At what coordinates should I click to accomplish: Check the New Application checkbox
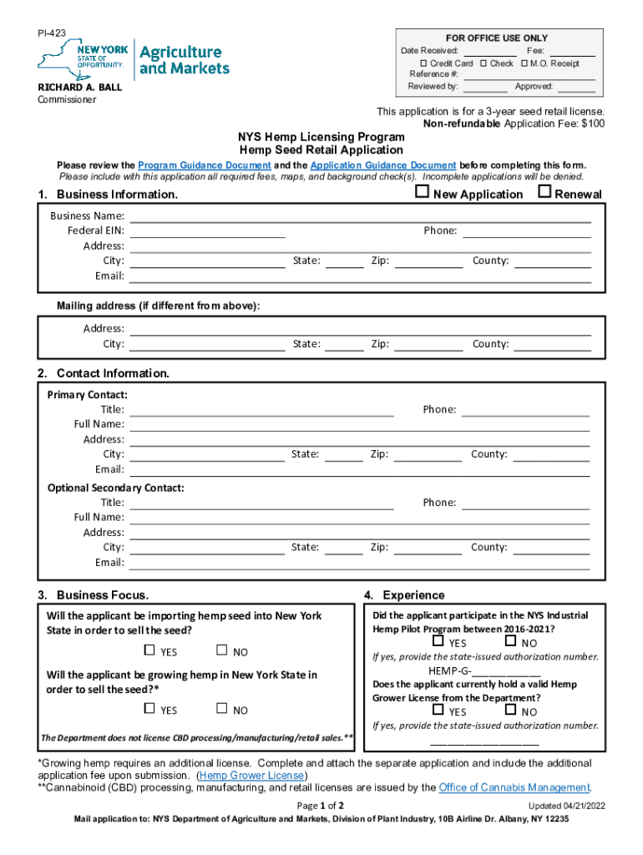423,193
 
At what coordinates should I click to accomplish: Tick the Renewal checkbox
544,193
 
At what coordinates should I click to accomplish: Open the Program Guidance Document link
204,165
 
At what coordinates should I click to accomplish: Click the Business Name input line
360,215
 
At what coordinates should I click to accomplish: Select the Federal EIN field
207,230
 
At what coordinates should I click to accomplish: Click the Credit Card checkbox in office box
423,63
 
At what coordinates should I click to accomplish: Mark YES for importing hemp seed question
149,650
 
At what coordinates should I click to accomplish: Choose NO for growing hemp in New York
221,709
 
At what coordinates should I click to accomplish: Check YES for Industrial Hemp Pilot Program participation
438,642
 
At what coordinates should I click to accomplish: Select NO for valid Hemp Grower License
510,711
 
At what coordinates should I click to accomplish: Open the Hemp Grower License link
251,776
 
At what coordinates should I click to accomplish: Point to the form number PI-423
51,33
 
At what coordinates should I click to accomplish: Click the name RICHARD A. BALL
78,87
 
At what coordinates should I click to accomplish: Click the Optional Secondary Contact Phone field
525,503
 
